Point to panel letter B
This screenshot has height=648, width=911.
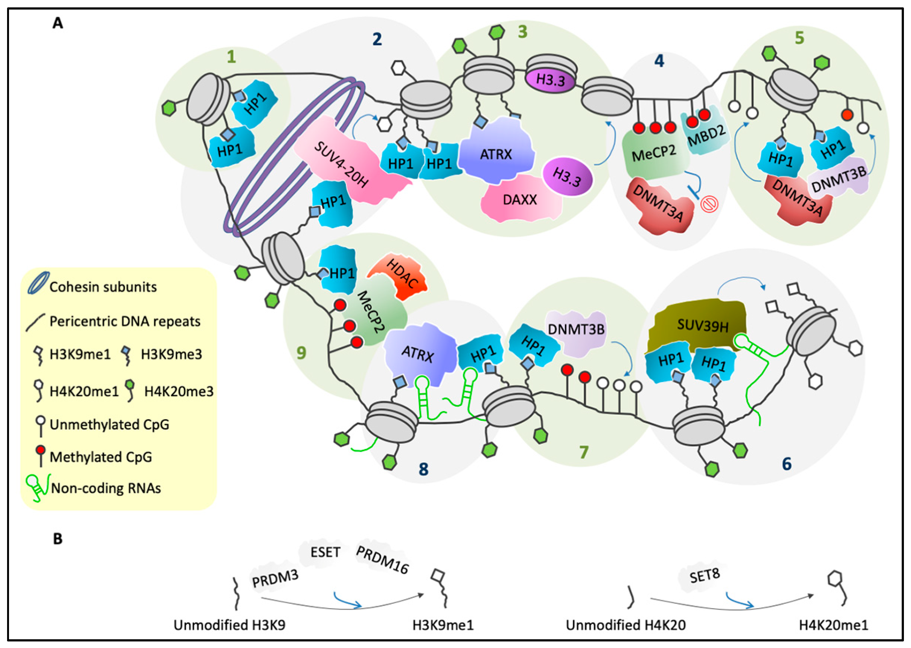coord(58,539)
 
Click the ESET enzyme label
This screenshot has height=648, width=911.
coord(325,552)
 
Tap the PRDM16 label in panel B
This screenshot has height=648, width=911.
coord(382,560)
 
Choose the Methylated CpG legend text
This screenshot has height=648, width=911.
coord(100,457)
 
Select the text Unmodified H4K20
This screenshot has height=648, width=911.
coord(626,625)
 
